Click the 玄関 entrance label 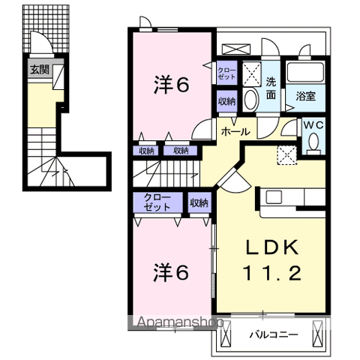[x=40, y=69]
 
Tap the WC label [x=314, y=126]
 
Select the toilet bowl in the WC [x=313, y=142]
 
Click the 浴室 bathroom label [x=305, y=96]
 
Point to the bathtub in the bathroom [x=305, y=73]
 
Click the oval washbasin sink [x=250, y=99]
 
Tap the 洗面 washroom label [x=271, y=88]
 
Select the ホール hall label [x=235, y=131]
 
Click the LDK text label [x=272, y=247]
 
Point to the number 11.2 [x=272, y=273]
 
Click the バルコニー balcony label [x=274, y=334]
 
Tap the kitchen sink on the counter [x=274, y=197]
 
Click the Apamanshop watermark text [x=180, y=322]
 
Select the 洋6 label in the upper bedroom [x=171, y=85]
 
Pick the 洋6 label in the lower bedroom [x=171, y=272]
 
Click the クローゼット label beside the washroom [x=226, y=73]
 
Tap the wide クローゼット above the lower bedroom [x=157, y=202]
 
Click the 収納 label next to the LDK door [x=199, y=202]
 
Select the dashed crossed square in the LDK [x=286, y=155]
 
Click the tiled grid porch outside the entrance [x=46, y=28]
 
